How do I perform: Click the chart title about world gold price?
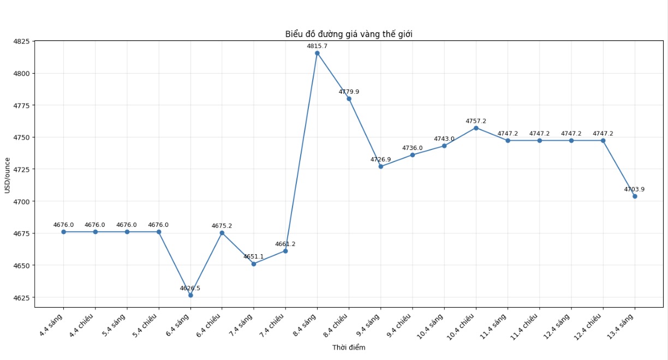click(349, 34)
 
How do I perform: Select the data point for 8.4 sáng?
click(317, 53)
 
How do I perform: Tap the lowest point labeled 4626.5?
click(190, 295)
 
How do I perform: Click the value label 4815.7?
click(317, 46)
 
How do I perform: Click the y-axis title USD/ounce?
click(7, 175)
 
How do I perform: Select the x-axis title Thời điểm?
click(349, 347)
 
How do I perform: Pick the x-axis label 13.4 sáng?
click(623, 326)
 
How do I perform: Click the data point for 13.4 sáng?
click(635, 196)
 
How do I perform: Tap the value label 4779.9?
click(349, 92)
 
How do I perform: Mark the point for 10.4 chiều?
click(476, 128)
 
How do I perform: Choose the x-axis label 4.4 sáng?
click(52, 325)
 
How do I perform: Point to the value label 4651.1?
click(254, 256)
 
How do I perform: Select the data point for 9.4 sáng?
click(381, 166)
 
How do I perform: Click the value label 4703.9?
click(634, 189)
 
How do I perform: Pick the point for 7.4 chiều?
click(285, 251)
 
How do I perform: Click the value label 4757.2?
click(476, 121)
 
